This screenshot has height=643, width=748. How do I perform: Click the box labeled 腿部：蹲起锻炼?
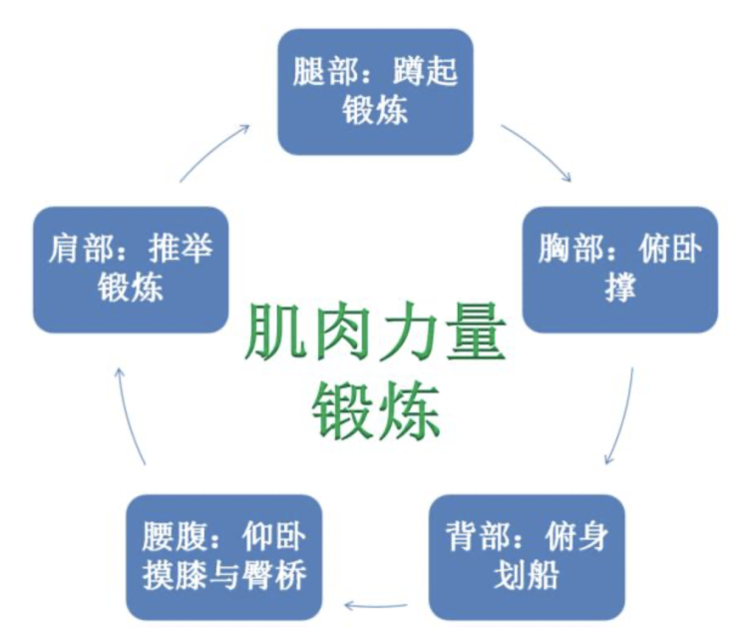tap(375, 91)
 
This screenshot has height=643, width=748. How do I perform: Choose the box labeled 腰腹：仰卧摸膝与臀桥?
tap(223, 557)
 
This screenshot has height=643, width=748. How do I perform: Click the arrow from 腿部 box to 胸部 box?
tap(539, 152)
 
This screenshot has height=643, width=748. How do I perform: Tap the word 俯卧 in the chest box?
tap(666, 250)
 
